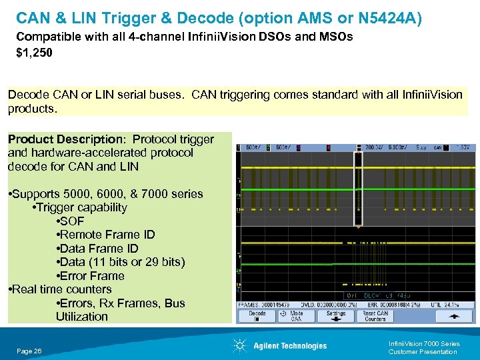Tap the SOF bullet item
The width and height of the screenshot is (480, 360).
tap(71, 221)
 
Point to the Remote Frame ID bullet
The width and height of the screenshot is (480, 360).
tap(107, 235)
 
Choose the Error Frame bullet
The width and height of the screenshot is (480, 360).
tap(91, 276)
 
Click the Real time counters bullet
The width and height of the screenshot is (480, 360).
tap(59, 289)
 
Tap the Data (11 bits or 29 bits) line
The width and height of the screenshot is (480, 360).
tap(122, 262)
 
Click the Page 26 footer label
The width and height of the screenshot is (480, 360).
tap(29, 351)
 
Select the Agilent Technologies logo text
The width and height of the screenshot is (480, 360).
tap(290, 346)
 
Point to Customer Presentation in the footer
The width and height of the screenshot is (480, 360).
tap(422, 351)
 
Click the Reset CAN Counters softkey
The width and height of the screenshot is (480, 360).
tap(375, 315)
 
